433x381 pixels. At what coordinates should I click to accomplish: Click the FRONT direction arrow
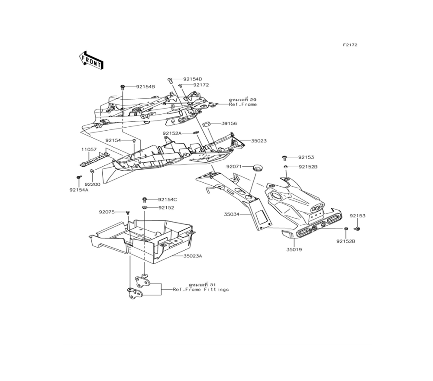pos(91,60)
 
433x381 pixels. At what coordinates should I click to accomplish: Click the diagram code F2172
pos(350,45)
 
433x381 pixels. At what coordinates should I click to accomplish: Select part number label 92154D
pos(193,79)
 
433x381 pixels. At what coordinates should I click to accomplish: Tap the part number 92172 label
pos(201,85)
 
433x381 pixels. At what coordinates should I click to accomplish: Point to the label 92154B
pos(145,87)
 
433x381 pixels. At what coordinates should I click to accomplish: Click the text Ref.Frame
pos(243,104)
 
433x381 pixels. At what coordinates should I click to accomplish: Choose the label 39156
pos(229,123)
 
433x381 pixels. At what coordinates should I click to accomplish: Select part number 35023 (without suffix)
pos(259,141)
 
